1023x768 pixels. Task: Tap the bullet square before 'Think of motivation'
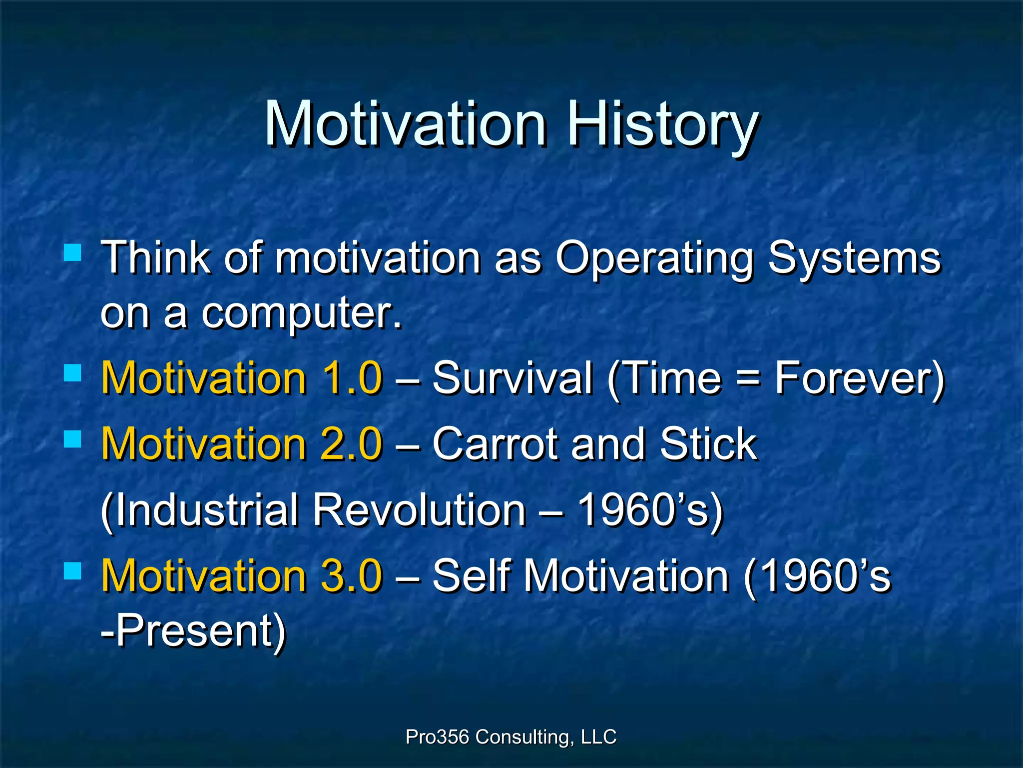pos(73,253)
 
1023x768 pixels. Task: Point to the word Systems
pos(854,258)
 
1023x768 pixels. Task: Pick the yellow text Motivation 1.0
pos(242,378)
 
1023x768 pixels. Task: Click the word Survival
pos(512,378)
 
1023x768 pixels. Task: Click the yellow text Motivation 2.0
pos(242,444)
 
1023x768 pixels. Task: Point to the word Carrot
pos(495,444)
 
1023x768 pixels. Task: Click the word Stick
pos(708,444)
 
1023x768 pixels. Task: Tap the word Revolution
pos(420,510)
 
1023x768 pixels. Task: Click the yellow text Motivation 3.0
pos(242,576)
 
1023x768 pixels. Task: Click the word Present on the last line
pos(195,631)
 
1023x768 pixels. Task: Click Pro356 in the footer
pos(437,737)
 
